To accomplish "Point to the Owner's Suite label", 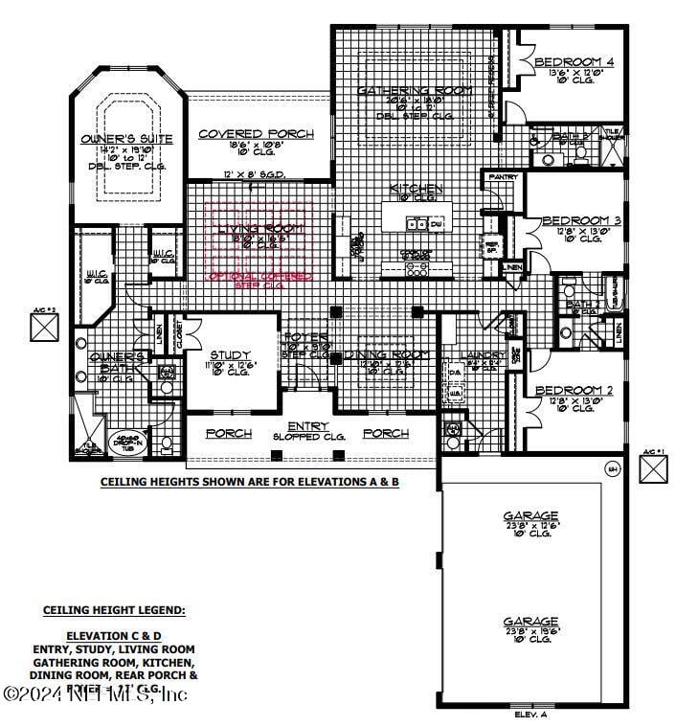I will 127,139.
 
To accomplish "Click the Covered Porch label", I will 255,134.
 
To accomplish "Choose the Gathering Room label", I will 415,90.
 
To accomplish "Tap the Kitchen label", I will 416,189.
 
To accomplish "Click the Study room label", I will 230,355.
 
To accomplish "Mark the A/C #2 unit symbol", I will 45,327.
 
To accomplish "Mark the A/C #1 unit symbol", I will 654,469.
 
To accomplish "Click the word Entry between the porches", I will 307,426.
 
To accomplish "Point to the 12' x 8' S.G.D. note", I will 256,175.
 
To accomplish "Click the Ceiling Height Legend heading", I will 114,609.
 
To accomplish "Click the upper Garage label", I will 530,516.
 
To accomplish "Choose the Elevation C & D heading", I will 114,635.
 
